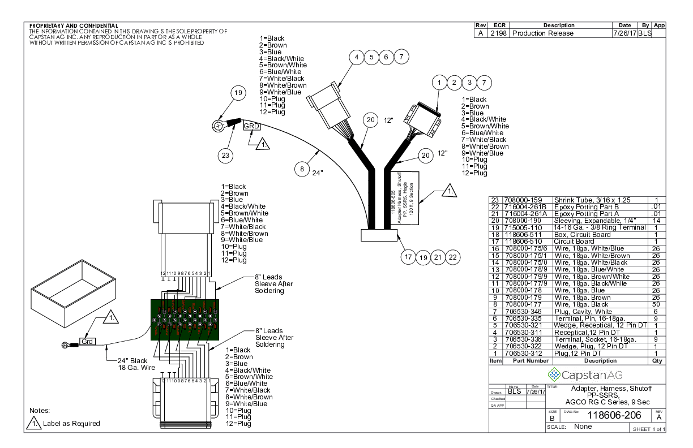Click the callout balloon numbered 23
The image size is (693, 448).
pos(226,156)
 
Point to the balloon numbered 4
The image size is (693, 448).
pos(356,57)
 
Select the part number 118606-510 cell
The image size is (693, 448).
pos(521,242)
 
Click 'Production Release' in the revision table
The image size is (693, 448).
pos(542,33)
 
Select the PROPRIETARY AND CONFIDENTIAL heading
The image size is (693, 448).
pos(73,25)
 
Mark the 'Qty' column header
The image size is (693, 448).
pos(656,360)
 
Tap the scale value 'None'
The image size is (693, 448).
pos(584,427)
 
